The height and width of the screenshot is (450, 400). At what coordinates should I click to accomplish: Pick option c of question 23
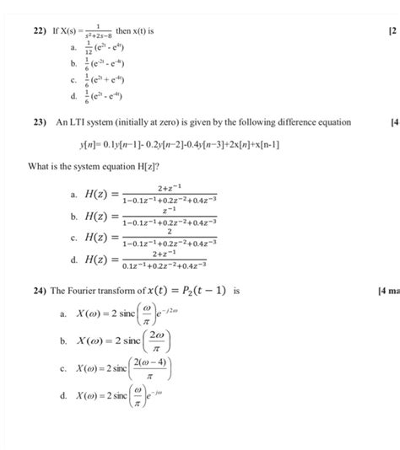click(77, 238)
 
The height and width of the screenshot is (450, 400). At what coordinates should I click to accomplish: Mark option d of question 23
click(77, 260)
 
